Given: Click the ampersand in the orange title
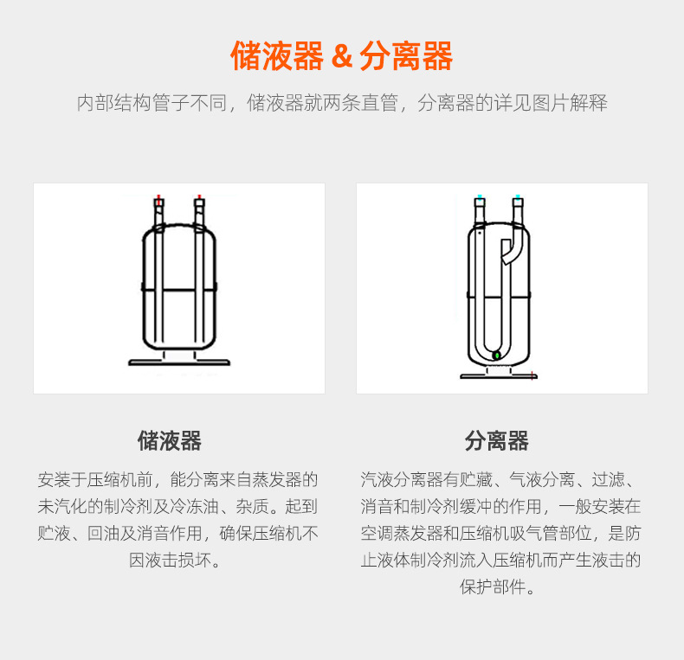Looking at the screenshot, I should [x=343, y=57].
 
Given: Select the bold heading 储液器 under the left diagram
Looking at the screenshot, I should [x=170, y=441].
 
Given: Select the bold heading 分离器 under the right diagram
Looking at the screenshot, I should [x=496, y=441].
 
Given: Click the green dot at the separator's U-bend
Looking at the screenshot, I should [x=496, y=355].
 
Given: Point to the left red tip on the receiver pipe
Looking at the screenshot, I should [x=158, y=197].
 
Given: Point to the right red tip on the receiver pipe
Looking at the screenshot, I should [x=200, y=197].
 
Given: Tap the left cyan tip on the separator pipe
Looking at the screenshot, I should [x=480, y=197].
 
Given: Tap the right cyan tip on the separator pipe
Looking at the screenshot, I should [x=518, y=197].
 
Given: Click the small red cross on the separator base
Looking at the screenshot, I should [x=532, y=375].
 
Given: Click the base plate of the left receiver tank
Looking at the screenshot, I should [x=178, y=362].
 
